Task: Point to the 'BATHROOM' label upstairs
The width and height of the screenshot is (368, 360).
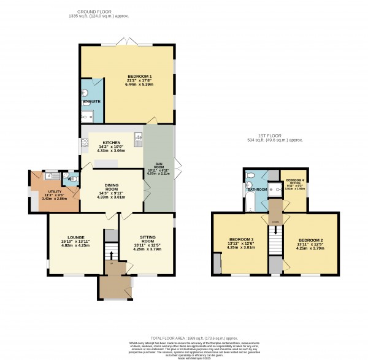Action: point(256,190)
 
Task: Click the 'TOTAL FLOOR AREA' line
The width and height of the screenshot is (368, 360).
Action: point(184,338)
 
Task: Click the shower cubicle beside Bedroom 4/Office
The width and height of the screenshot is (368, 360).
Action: point(274,190)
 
